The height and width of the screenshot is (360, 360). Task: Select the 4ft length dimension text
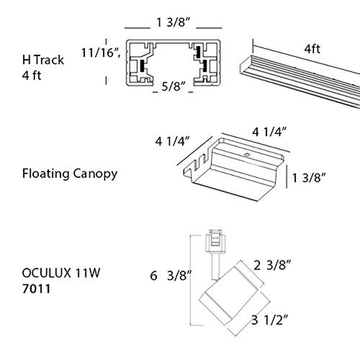pos(312,49)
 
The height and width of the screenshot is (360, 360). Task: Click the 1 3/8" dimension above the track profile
pos(173,23)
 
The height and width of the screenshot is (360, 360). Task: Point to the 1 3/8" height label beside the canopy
pos(309,178)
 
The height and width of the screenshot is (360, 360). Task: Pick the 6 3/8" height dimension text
pos(171,275)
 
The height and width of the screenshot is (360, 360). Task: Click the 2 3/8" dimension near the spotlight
pos(272,265)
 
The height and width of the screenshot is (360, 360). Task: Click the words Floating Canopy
pos(70,174)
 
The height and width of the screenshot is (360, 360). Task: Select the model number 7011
pos(36,289)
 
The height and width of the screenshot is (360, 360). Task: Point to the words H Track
pos(43,60)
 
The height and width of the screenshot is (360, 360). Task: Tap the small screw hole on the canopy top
pos(247,155)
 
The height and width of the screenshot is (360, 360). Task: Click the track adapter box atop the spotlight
pos(215,241)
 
